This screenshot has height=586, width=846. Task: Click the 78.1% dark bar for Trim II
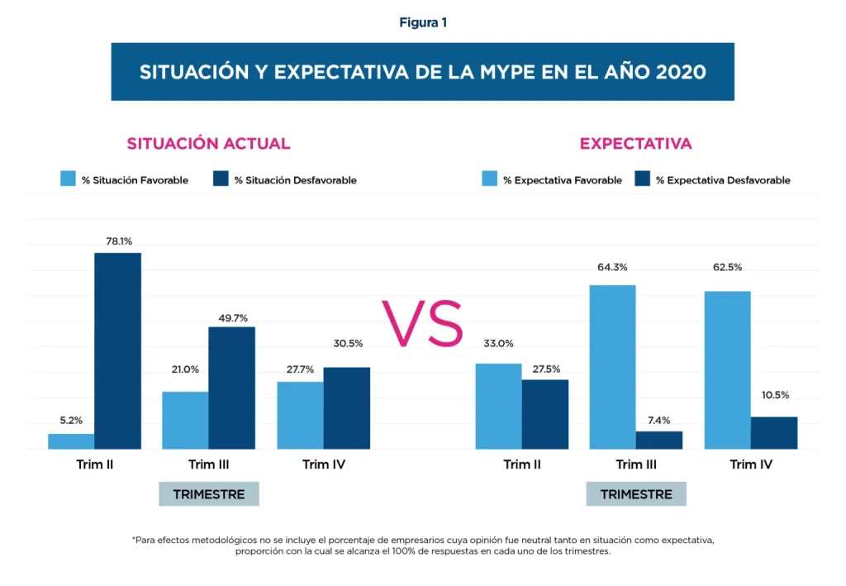(x=117, y=350)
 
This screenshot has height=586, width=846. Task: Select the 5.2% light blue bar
(x=71, y=441)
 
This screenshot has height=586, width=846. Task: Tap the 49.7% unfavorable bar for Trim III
(x=231, y=388)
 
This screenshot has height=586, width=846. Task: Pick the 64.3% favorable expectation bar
(x=612, y=367)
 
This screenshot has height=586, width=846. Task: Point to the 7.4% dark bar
(x=659, y=440)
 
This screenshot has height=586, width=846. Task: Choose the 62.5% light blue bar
(x=727, y=369)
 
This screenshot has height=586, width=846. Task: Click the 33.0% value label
(x=497, y=344)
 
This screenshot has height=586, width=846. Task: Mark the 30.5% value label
(x=348, y=344)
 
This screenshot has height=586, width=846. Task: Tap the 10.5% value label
(x=775, y=395)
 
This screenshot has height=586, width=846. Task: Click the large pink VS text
(x=422, y=325)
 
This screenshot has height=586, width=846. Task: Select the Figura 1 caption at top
(x=422, y=22)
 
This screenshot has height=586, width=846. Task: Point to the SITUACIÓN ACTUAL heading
(x=208, y=144)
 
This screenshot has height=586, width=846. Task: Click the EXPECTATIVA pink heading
(x=635, y=144)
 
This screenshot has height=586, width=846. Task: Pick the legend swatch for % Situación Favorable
(x=69, y=179)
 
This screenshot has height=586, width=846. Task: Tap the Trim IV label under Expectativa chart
(x=751, y=465)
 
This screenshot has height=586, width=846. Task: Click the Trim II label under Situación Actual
(x=94, y=465)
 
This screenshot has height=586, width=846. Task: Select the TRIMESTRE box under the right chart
(x=635, y=494)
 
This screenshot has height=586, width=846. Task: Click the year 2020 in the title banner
(x=681, y=72)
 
